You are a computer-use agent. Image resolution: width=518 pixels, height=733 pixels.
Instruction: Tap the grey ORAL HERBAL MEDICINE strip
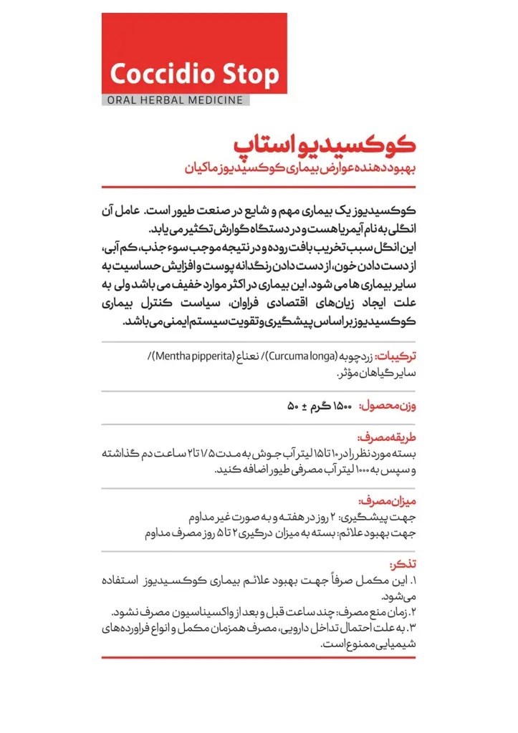click(175, 100)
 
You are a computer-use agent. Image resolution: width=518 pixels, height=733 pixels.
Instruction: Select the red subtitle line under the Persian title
click(300, 169)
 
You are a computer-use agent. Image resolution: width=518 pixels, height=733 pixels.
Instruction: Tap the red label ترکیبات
click(396, 356)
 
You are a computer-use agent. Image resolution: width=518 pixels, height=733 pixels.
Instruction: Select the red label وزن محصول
click(393, 407)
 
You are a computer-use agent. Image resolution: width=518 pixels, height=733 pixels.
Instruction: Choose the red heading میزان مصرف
click(393, 501)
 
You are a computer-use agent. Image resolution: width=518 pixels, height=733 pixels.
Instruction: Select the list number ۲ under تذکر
click(413, 612)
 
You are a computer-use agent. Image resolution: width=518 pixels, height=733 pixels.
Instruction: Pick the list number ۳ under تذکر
click(413, 628)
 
